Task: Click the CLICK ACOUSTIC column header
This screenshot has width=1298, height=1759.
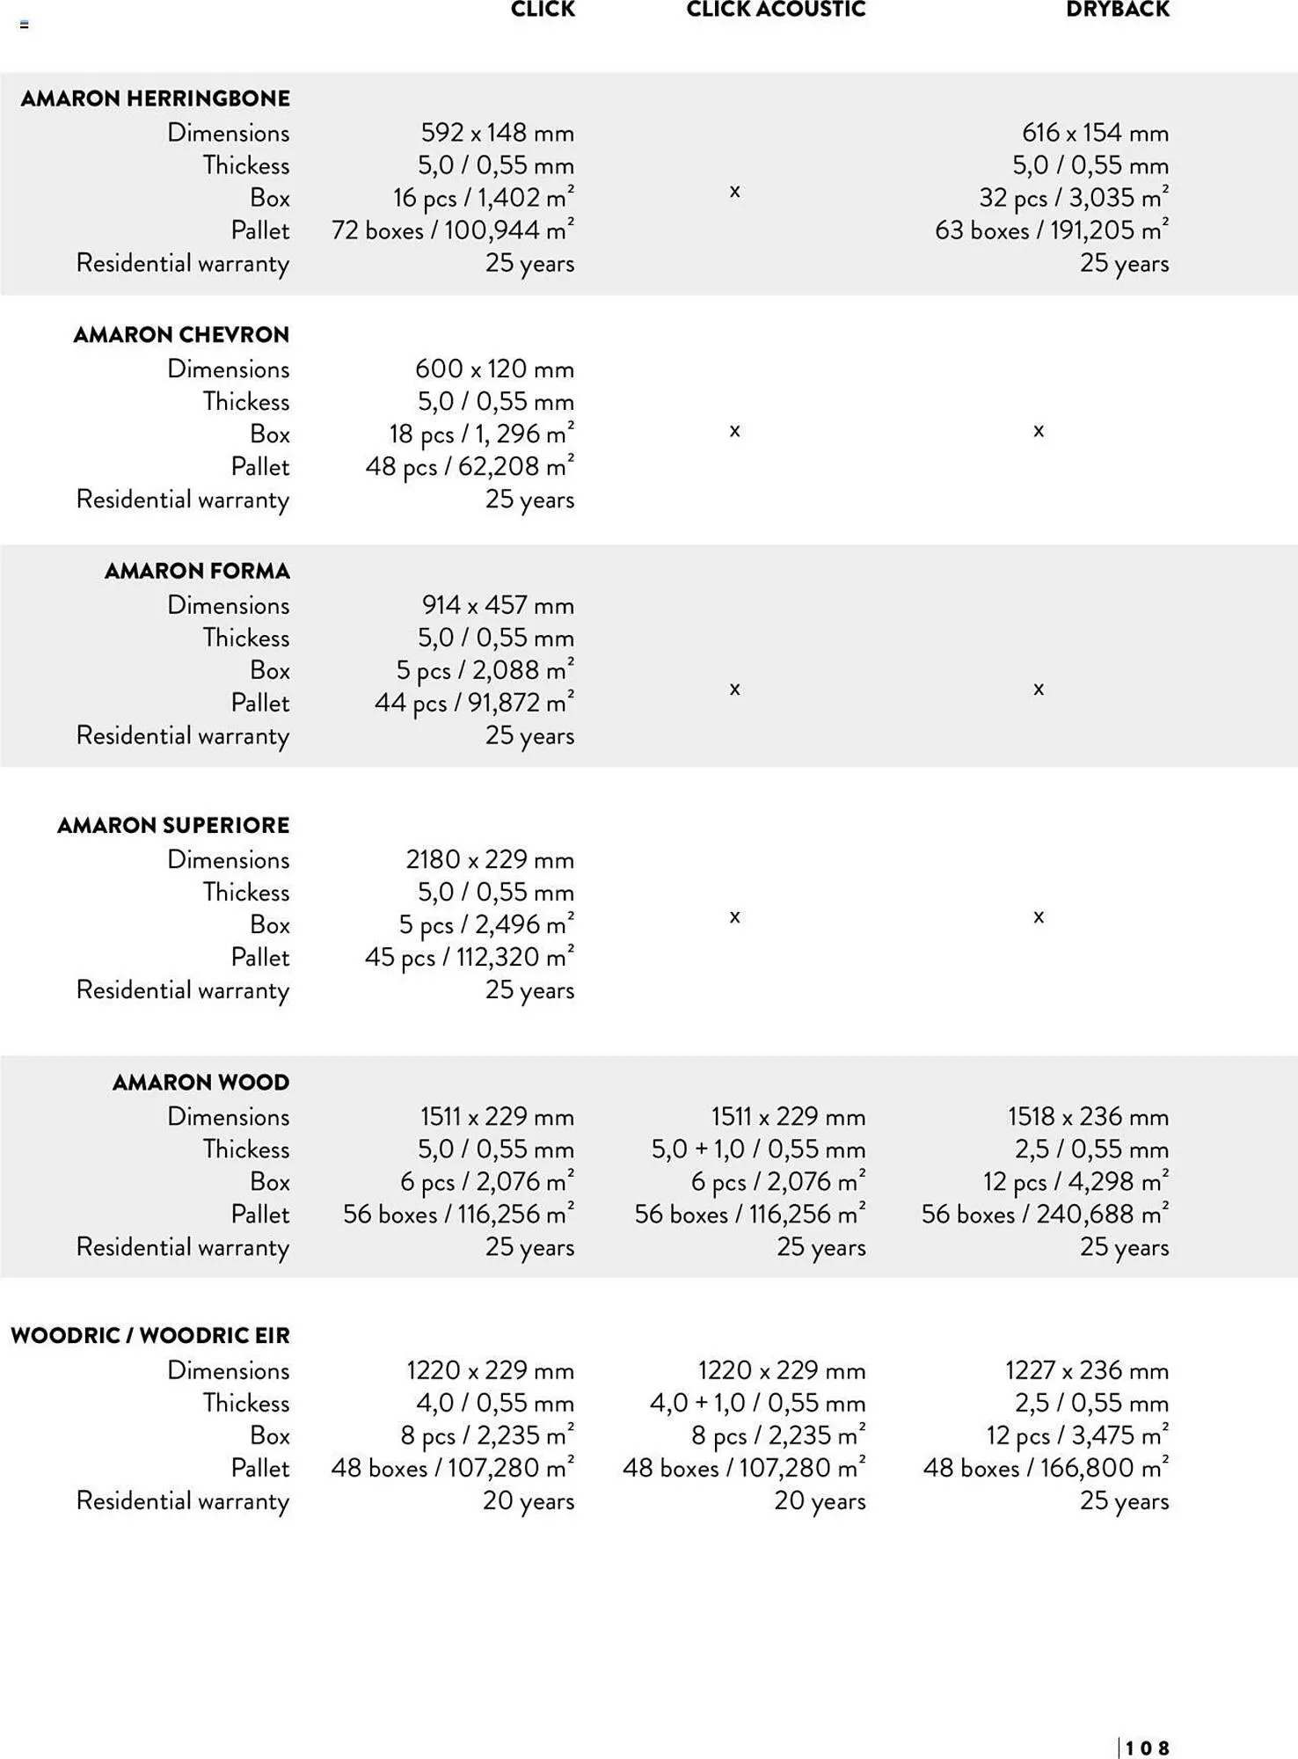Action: click(x=776, y=10)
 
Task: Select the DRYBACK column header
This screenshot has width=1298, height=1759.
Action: click(x=1117, y=10)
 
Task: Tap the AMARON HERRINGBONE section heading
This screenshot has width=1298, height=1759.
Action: click(x=156, y=99)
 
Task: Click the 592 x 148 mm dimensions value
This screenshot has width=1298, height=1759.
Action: click(x=497, y=133)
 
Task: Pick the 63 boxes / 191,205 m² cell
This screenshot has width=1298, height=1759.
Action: click(x=1051, y=230)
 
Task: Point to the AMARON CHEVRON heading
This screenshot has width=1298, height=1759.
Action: click(x=181, y=335)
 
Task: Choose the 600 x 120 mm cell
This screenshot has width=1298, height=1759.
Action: click(x=494, y=369)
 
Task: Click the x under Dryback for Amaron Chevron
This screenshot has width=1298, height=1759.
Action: click(x=1039, y=431)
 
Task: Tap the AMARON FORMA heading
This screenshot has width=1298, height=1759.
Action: click(x=197, y=572)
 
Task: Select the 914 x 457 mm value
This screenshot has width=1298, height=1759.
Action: click(x=498, y=605)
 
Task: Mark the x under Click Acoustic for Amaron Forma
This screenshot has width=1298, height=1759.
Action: click(x=734, y=689)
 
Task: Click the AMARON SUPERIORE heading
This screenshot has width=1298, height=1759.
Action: click(x=173, y=826)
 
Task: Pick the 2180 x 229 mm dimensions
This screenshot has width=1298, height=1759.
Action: click(x=489, y=859)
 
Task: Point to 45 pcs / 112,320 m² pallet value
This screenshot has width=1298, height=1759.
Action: click(x=470, y=957)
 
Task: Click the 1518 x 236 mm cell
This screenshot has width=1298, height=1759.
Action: click(x=1088, y=1117)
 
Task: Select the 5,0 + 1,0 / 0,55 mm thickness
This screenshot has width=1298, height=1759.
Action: click(x=758, y=1150)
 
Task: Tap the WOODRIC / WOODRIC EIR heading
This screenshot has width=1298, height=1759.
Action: click(x=150, y=1336)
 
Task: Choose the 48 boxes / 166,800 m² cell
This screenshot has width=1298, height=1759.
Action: click(x=1046, y=1468)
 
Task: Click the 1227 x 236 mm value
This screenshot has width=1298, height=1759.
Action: click(x=1087, y=1370)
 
